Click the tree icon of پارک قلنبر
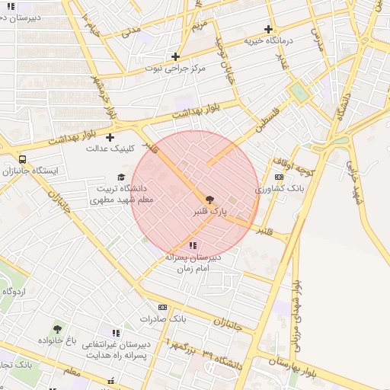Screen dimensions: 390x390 coord(210,198)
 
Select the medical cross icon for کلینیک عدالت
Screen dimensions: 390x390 coord(110,138)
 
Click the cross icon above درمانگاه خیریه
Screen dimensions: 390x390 coord(268,29)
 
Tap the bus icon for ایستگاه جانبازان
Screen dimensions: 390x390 coord(23,160)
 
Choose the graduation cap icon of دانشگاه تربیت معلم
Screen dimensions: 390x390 coord(120,177)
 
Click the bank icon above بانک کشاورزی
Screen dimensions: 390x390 coord(279,177)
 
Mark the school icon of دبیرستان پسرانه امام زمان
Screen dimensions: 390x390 coord(193,246)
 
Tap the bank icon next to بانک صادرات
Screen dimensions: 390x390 coord(161,307)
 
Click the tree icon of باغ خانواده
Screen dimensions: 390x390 coord(57,330)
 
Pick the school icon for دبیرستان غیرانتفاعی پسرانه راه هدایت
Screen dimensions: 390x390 coord(116,334)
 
